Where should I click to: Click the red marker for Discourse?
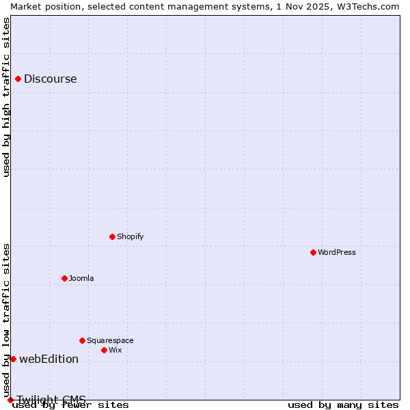coord(18,79)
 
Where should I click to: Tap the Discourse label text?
coord(51,79)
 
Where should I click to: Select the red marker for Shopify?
coord(113,236)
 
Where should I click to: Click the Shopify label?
coord(131,236)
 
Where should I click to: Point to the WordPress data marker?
coord(314,252)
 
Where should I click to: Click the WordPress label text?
coord(337,252)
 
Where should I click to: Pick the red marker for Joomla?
coord(65,278)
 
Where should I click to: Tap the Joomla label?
coord(81,278)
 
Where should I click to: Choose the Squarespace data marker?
coord(83,340)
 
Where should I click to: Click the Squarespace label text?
coord(110,340)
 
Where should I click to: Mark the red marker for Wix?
coord(105,350)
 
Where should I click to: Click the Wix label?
coord(115,350)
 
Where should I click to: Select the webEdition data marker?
coord(13,359)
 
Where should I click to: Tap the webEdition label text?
coord(49,359)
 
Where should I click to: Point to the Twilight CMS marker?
coord(10,400)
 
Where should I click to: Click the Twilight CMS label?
coord(52,399)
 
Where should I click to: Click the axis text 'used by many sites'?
coord(343,405)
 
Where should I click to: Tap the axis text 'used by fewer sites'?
coord(70,405)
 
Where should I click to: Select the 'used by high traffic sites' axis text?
coord(7,97)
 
